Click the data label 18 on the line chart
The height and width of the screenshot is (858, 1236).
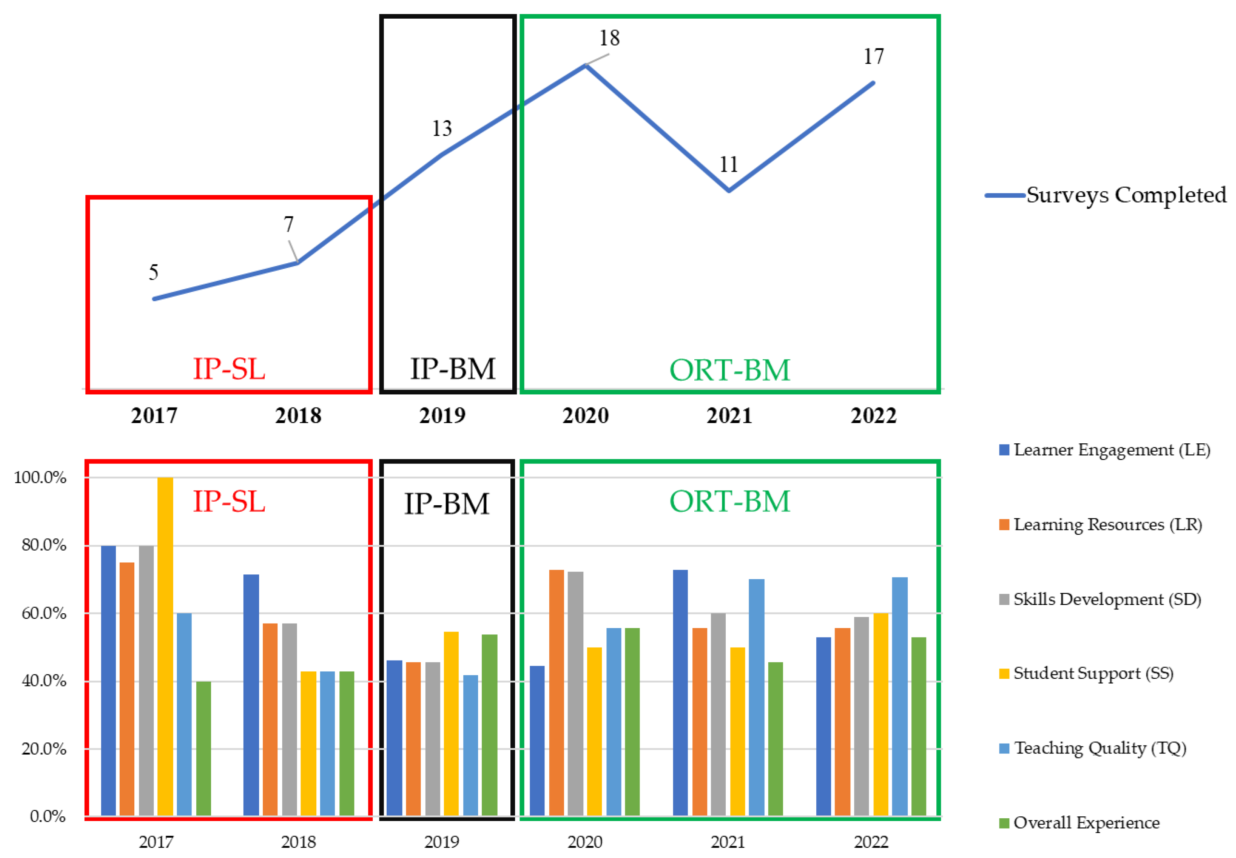(x=609, y=38)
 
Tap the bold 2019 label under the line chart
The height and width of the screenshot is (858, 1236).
(x=442, y=415)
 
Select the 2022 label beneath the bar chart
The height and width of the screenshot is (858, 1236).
(x=871, y=842)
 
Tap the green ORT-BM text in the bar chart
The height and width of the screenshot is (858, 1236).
(x=729, y=502)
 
